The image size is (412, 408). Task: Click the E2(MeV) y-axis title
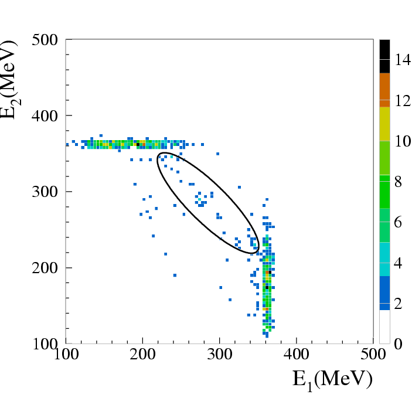[x=10, y=80]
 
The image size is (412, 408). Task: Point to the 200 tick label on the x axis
[x=142, y=355]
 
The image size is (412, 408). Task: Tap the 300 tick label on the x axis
[x=219, y=355]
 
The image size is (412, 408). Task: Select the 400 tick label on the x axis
[x=296, y=355]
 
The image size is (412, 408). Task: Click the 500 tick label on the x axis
[x=373, y=355]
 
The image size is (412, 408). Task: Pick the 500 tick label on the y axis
[x=45, y=40]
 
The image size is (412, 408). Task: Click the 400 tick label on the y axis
[x=45, y=116]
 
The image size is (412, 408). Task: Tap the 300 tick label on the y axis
[x=45, y=192]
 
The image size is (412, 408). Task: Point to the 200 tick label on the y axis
[x=45, y=268]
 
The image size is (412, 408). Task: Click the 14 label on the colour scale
[x=403, y=60]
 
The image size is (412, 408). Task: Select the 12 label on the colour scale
[x=403, y=101]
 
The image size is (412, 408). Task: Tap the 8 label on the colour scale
[x=399, y=182]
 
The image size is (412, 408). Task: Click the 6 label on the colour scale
[x=399, y=222]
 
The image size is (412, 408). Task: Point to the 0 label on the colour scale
[x=399, y=344]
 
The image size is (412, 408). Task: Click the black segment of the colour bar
[x=384, y=56]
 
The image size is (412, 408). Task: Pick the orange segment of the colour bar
[x=384, y=90]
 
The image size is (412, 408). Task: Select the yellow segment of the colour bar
[x=384, y=124]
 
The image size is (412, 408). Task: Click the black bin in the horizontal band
[x=138, y=144]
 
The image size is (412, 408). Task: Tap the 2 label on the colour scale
[x=399, y=304]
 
